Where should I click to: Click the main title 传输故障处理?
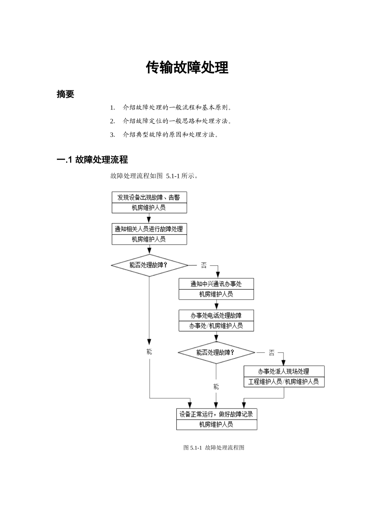pos(187,67)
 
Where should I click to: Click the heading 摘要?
pos(65,94)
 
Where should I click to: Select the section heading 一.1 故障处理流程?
pos(92,159)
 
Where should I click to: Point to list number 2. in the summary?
pos(112,121)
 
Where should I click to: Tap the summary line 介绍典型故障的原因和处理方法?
pos(170,135)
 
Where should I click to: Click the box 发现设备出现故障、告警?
pos(149,197)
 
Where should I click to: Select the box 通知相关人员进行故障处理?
pos(149,229)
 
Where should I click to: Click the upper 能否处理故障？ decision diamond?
pos(149,265)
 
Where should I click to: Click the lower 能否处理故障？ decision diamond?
pos(216,352)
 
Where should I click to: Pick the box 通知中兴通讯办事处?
pos(216,284)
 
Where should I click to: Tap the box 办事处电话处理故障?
pos(216,315)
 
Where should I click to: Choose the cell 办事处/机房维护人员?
pos(216,326)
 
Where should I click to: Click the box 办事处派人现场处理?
pos(284,371)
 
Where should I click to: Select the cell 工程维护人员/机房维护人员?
pos(284,382)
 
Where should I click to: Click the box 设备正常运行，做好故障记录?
pos(216,414)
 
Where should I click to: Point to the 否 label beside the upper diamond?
pos(204,265)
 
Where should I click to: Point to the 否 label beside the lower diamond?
pos(272,353)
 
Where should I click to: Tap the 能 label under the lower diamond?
pos(216,387)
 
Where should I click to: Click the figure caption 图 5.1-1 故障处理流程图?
pos(214,448)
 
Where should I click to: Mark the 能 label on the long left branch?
pos(149,351)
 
